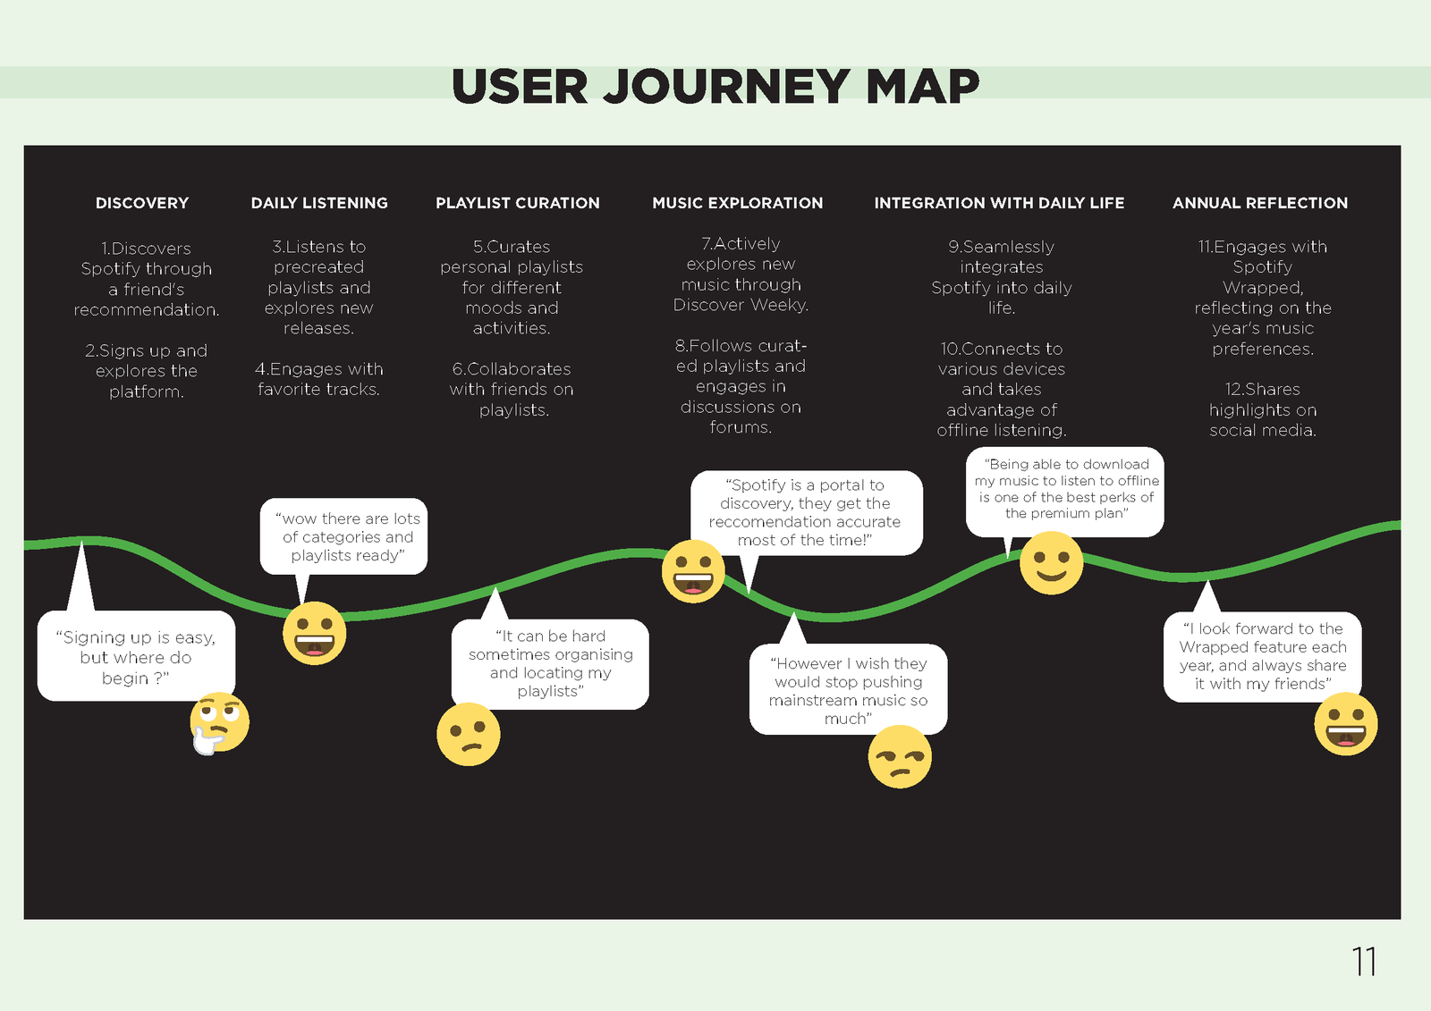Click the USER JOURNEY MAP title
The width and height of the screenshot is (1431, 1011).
pos(715,86)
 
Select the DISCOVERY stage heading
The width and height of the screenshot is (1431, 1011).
pos(142,203)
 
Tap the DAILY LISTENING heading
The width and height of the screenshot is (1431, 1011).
pos(319,203)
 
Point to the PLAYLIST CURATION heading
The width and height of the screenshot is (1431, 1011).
pos(518,203)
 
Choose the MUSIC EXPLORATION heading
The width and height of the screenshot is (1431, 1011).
pos(737,203)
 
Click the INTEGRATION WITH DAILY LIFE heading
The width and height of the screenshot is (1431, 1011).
pos(999,203)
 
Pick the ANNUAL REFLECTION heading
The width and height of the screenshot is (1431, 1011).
pos(1260,203)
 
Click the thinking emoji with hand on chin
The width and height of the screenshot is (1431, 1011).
pos(219,723)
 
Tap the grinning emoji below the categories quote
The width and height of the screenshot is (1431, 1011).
pos(314,634)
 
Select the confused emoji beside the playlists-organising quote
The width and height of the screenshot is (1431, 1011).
pos(469,735)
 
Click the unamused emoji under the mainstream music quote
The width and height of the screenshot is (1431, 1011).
pos(900,757)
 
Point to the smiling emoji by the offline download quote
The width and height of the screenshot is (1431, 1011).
pos(1051,562)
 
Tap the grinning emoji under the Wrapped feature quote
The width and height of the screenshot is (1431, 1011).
pos(1345,723)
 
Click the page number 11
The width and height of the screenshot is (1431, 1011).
pos(1364,961)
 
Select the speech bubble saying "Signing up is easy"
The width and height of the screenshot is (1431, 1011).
pos(136,656)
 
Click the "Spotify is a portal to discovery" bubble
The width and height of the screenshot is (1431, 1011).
pos(806,513)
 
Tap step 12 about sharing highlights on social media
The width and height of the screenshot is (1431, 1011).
pos(1262,409)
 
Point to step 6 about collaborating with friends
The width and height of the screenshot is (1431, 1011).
pos(512,389)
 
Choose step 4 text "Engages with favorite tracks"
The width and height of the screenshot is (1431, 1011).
pos(318,379)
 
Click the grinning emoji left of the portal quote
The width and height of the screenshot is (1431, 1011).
pos(693,571)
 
